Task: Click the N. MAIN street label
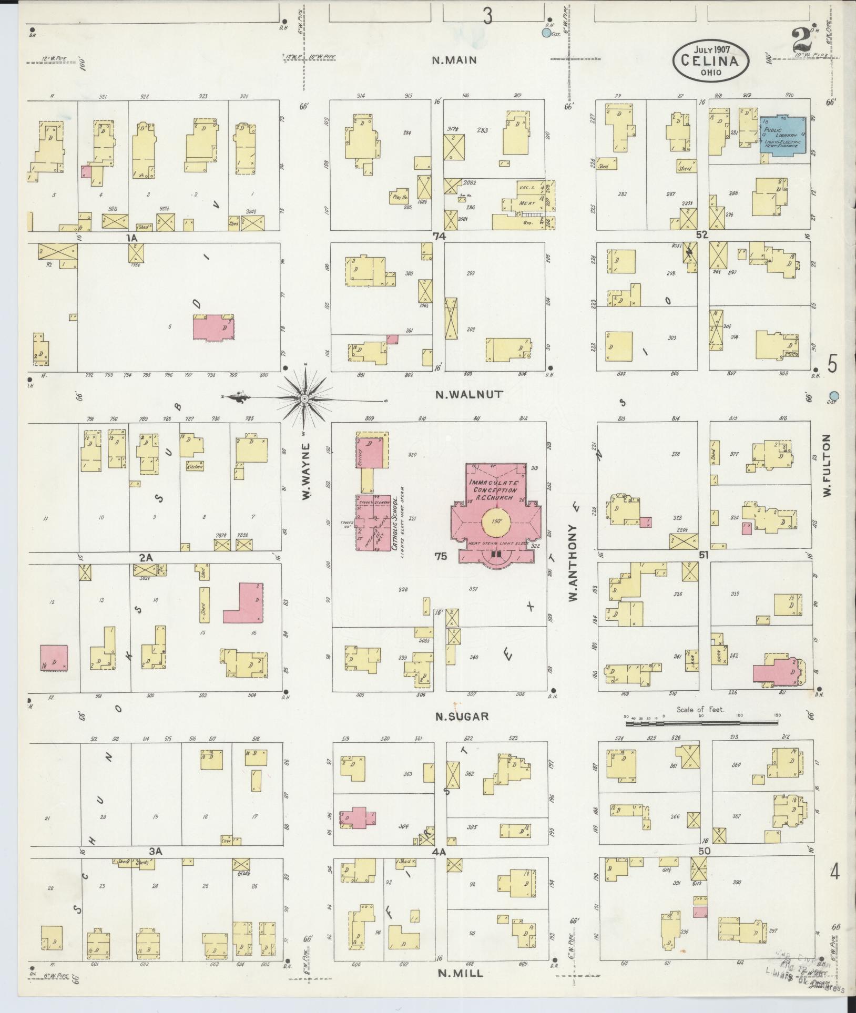click(x=454, y=60)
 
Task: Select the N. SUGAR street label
click(x=463, y=716)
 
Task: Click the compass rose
click(x=304, y=399)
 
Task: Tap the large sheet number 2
click(x=800, y=39)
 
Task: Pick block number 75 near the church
click(x=441, y=556)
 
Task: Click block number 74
click(x=439, y=237)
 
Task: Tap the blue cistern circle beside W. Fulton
click(x=833, y=396)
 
